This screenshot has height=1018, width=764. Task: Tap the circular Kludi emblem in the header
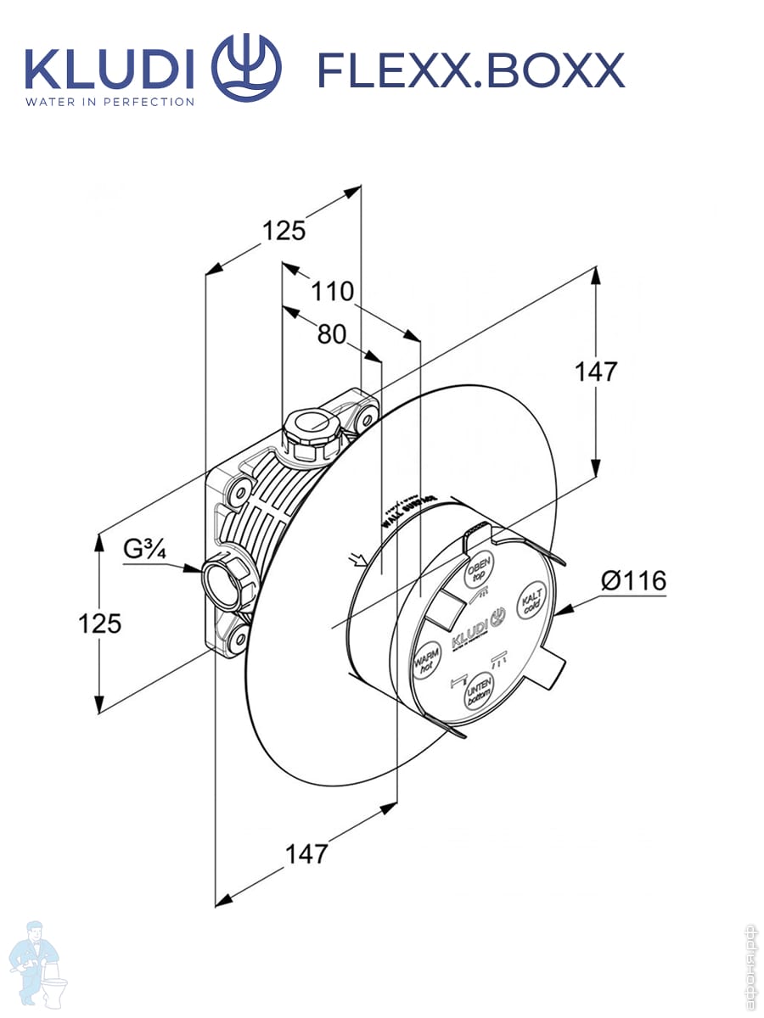point(245,68)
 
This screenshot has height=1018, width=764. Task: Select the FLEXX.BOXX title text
point(470,70)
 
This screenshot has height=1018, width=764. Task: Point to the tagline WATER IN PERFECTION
point(110,102)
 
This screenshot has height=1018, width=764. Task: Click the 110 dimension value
point(332,292)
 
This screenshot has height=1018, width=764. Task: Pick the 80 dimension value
point(332,335)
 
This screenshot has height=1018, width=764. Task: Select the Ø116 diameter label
point(633,582)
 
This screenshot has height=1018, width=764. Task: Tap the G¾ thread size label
point(143,549)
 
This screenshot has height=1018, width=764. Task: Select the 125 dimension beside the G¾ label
point(100,624)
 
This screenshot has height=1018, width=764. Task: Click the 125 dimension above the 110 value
point(283,230)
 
